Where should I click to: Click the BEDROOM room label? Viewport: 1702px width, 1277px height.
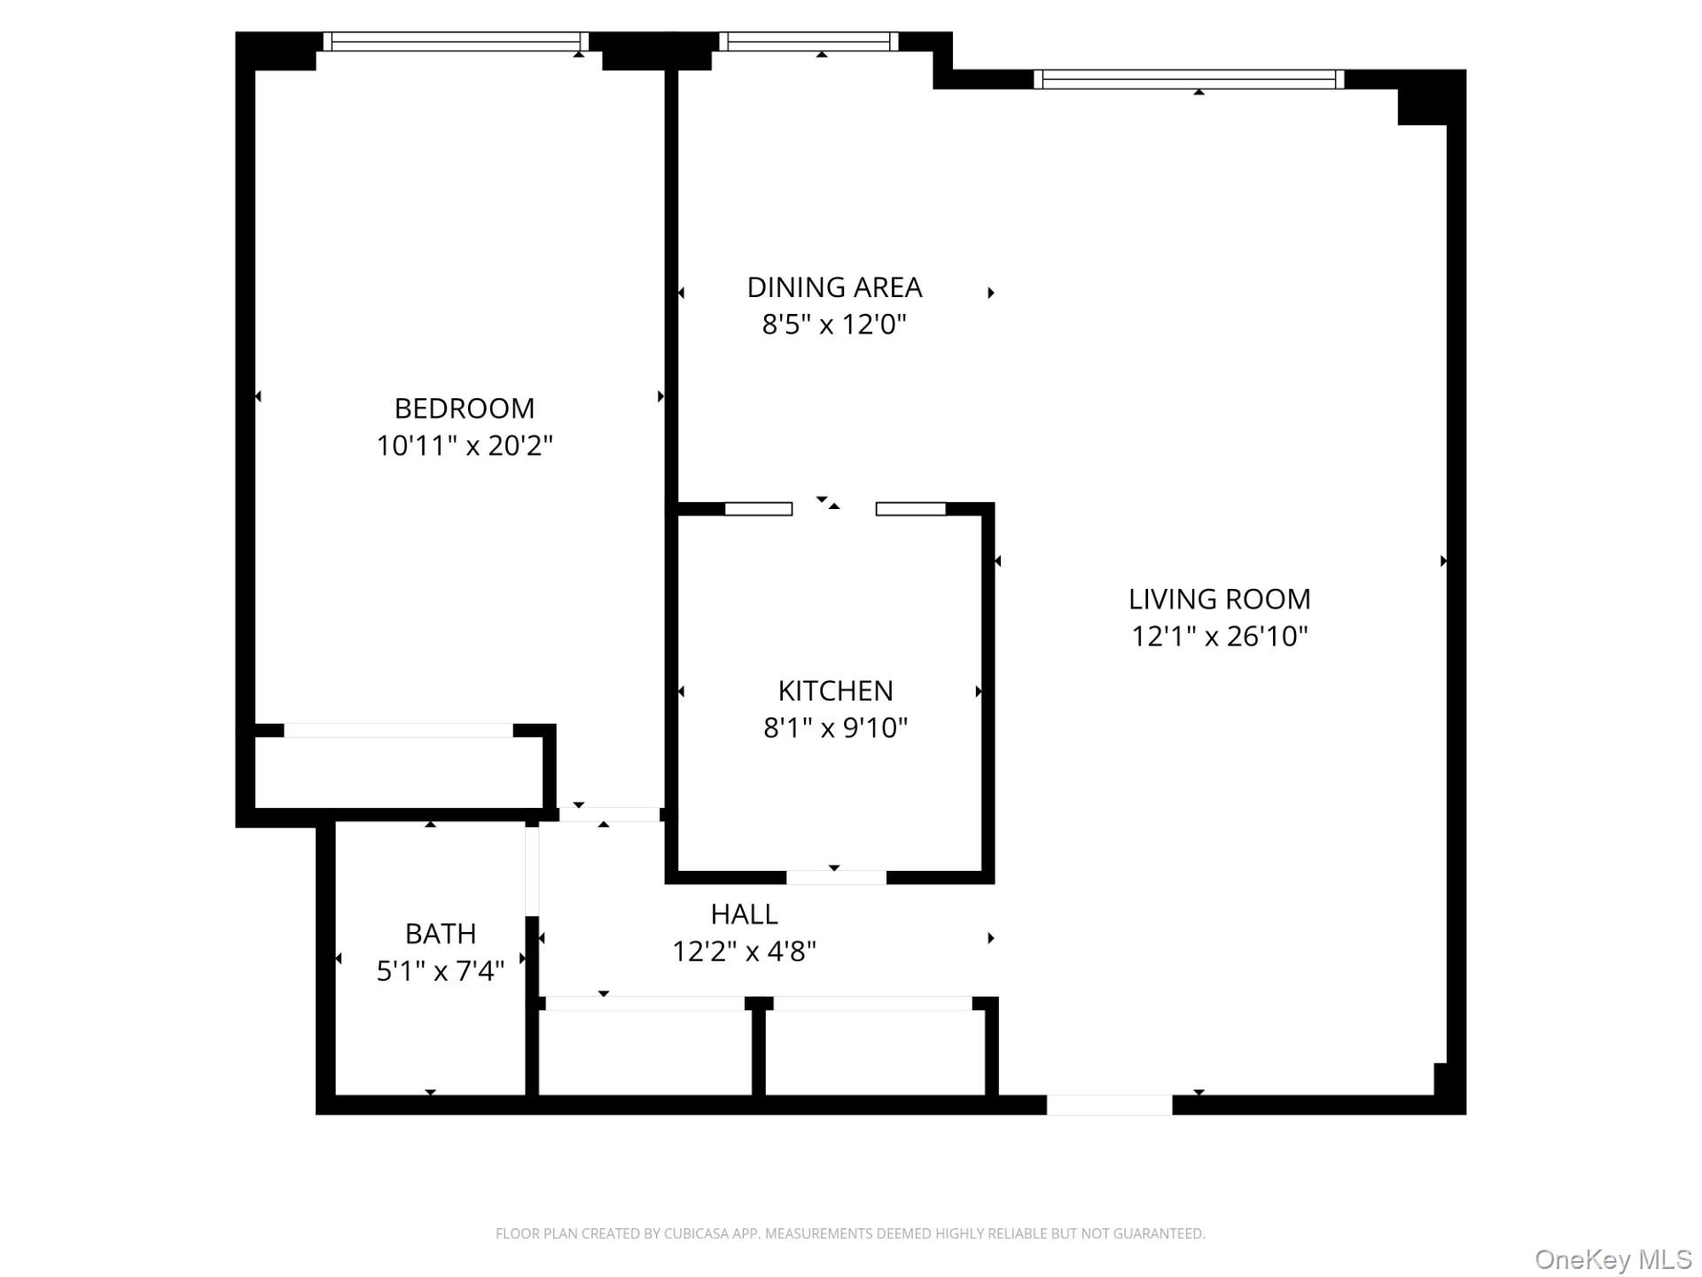pos(464,408)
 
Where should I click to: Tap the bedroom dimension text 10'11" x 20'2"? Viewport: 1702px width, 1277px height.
pos(464,445)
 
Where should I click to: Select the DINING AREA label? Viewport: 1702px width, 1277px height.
pos(834,287)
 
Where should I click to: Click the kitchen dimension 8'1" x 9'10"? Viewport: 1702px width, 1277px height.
pos(835,728)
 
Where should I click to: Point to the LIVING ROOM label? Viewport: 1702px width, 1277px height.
pos(1219,599)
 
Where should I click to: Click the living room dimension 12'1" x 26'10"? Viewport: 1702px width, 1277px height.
pos(1219,637)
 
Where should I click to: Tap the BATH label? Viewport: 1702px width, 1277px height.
pos(441,934)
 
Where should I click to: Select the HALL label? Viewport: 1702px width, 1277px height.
pos(744,914)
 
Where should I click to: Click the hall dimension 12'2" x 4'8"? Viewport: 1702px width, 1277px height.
pos(744,952)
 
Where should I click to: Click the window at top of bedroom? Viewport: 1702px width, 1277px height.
pos(456,42)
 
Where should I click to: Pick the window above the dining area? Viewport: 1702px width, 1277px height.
pos(808,42)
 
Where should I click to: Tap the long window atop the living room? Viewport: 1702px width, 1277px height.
pos(1189,80)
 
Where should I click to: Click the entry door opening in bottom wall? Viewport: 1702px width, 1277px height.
pos(1109,1105)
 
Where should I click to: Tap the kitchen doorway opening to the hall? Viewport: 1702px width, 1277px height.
pos(836,878)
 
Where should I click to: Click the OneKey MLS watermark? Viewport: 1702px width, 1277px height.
pos(1612,1259)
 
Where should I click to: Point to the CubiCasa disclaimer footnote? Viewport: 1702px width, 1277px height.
pos(850,1234)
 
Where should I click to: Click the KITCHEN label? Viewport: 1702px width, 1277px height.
pos(835,691)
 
